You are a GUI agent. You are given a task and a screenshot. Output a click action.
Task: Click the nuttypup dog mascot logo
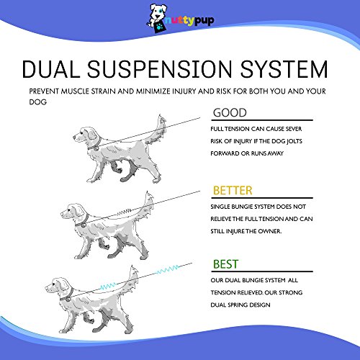point(157,19)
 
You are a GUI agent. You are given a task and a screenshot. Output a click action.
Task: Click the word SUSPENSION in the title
point(160,69)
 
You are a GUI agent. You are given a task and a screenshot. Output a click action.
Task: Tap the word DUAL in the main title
point(51,69)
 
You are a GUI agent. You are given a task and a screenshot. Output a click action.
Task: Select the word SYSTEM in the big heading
point(284,69)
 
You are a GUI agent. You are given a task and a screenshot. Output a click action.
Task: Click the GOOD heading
point(230,112)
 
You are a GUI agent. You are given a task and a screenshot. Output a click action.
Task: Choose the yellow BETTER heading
point(233,190)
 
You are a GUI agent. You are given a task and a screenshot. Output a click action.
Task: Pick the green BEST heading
point(225,264)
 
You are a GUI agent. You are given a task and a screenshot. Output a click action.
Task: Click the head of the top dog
point(84,135)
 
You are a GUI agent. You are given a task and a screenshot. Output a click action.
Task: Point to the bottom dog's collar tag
point(68,299)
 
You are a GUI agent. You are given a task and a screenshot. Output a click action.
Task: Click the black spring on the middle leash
point(124,212)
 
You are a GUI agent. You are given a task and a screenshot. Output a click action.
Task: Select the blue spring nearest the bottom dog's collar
point(108,286)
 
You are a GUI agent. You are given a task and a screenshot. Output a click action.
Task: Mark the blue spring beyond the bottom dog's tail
point(168,269)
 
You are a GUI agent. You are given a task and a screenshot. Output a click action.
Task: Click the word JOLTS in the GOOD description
point(294,141)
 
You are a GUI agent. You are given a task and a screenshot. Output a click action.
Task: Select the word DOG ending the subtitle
point(38,102)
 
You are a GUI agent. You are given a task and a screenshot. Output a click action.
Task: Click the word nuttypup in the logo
point(189,21)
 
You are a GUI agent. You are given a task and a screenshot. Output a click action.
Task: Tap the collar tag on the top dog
point(96,148)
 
